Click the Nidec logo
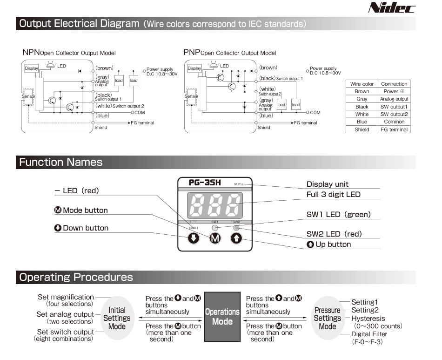coord(392,7)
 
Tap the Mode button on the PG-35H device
coord(215,238)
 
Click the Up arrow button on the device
coord(236,238)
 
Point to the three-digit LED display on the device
coord(215,205)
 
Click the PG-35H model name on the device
coord(205,183)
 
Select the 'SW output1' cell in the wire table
coord(394,107)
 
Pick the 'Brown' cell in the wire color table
coord(362,91)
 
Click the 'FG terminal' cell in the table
coord(394,129)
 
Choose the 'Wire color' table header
coord(362,84)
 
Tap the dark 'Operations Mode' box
coord(222,317)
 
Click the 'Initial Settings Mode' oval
coord(117,318)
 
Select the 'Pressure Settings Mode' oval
coord(328,318)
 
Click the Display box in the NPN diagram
coord(31,68)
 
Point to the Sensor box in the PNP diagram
coord(192,96)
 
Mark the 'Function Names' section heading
coord(61,162)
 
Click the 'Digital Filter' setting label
coord(369,334)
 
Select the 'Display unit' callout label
coord(327,184)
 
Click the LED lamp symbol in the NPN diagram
coord(50,65)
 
